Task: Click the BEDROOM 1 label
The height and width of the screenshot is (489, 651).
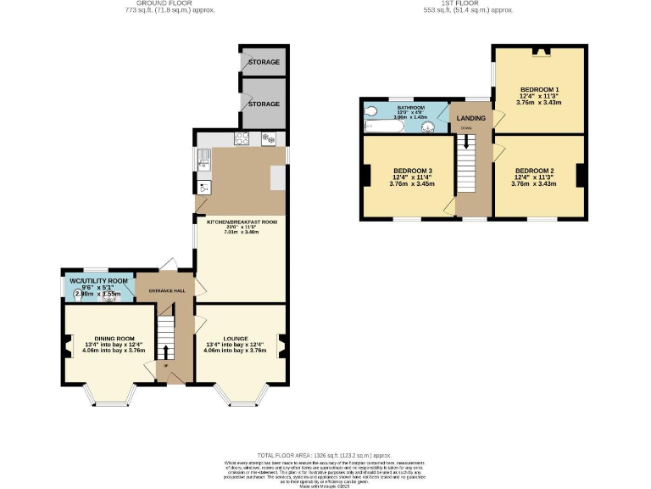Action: pos(538,89)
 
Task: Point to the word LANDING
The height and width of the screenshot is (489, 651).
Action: pos(470,118)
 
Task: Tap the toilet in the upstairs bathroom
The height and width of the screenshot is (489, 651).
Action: pos(370,111)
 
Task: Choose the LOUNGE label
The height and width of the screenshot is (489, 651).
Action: pos(236,338)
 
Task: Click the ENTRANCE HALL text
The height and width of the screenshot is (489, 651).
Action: pos(167,291)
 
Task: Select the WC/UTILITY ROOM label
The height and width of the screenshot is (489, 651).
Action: pos(99,280)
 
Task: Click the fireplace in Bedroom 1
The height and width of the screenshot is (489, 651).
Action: pos(539,52)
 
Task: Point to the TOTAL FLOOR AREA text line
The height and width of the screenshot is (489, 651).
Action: pos(325,455)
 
